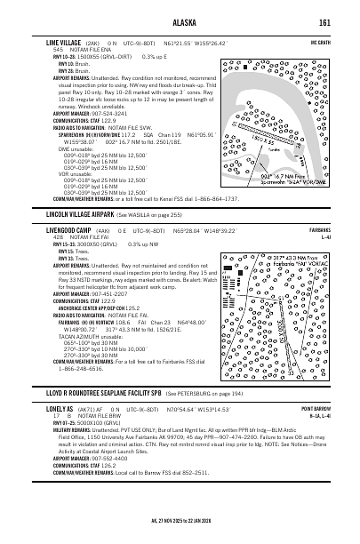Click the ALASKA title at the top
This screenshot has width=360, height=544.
[180, 23]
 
